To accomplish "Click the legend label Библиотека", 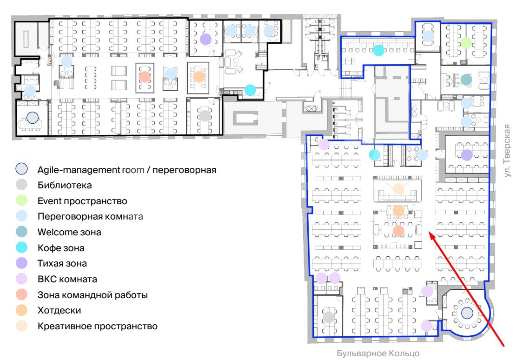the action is (65, 185).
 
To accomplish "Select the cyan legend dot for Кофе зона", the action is (22, 247).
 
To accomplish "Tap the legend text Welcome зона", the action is (69, 232).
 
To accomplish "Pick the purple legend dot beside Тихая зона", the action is (22, 263).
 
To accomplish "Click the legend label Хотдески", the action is (59, 310).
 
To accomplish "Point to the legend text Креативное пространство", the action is (98, 326).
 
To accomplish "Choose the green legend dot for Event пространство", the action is (22, 200).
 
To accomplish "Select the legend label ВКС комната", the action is (67, 280).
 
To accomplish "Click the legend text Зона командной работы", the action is (93, 295).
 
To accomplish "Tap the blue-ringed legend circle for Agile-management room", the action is (22, 169).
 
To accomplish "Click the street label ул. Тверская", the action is (507, 151).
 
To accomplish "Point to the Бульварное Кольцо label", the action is (378, 353).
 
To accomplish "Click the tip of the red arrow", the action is (429, 232).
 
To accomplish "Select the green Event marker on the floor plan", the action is (466, 43).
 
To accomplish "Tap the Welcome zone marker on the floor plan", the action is (466, 80).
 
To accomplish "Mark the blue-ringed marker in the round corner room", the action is (467, 313).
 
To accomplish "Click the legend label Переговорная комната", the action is (90, 216).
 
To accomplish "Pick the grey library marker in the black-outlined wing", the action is (205, 116).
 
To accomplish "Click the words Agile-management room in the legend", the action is (91, 170).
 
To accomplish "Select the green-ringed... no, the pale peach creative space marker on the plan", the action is (398, 189).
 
